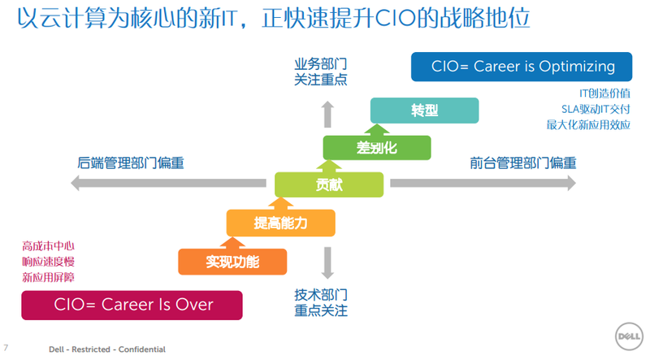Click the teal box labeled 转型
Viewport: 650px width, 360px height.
(x=424, y=111)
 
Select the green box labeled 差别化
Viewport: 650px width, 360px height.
(x=376, y=148)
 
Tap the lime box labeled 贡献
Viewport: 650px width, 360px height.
(x=328, y=184)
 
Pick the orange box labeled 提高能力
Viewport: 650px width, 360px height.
(x=280, y=223)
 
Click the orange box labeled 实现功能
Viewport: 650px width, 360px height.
(x=232, y=261)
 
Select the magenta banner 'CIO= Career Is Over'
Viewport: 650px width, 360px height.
(x=133, y=305)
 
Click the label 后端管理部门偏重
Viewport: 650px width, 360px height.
(x=131, y=163)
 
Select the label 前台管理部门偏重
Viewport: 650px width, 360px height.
(x=523, y=163)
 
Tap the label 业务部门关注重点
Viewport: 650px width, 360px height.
(x=320, y=71)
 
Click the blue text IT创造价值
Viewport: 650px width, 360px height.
(x=604, y=93)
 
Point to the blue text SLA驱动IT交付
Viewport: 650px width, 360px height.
(x=596, y=109)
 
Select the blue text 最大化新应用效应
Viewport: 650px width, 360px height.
(x=588, y=125)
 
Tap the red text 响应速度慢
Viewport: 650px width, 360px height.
(x=48, y=262)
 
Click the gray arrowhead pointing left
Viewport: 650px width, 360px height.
(x=76, y=184)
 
